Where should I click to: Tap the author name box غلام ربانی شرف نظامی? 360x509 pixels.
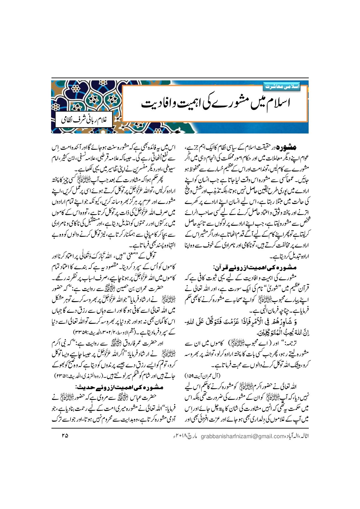82,120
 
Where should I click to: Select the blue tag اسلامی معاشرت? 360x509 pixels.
281,86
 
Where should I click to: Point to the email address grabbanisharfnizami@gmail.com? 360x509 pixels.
242,436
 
